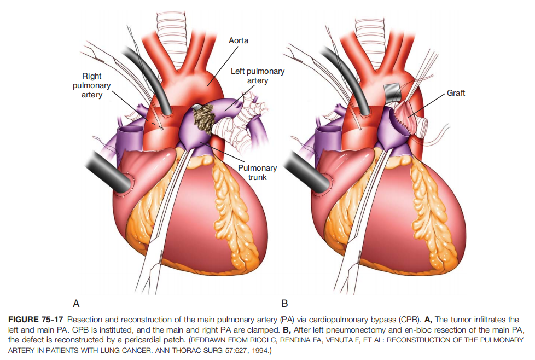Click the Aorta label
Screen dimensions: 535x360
(238, 40)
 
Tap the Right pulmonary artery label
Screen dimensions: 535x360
(92, 85)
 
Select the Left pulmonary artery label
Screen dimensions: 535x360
(258, 76)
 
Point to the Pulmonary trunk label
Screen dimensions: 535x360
(257, 173)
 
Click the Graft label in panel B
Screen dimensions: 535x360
(456, 93)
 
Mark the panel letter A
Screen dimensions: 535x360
(76, 303)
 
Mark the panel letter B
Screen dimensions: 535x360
(284, 303)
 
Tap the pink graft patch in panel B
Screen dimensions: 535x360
(406, 116)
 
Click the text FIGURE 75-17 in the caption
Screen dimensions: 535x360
(36, 320)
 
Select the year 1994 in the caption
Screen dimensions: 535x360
(259, 351)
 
